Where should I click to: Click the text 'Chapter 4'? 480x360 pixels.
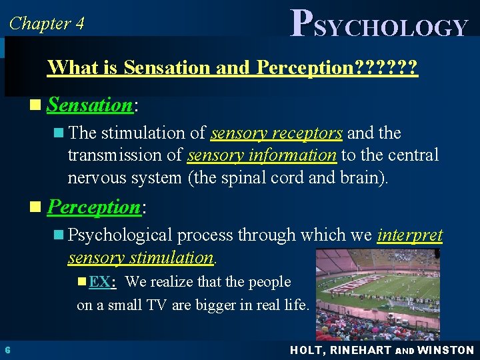coord(47,23)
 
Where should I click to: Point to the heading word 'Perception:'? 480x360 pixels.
coord(94,207)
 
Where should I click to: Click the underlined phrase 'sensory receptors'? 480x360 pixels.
coord(277,133)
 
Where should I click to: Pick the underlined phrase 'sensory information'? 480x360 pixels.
coord(262,155)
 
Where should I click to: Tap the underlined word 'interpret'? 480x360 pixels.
coord(410,235)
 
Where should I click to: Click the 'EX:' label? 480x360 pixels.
coord(102,282)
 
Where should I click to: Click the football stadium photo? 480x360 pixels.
coord(377,293)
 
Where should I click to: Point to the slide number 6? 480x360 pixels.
coord(7,350)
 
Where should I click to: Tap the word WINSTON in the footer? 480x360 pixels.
coord(446,350)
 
